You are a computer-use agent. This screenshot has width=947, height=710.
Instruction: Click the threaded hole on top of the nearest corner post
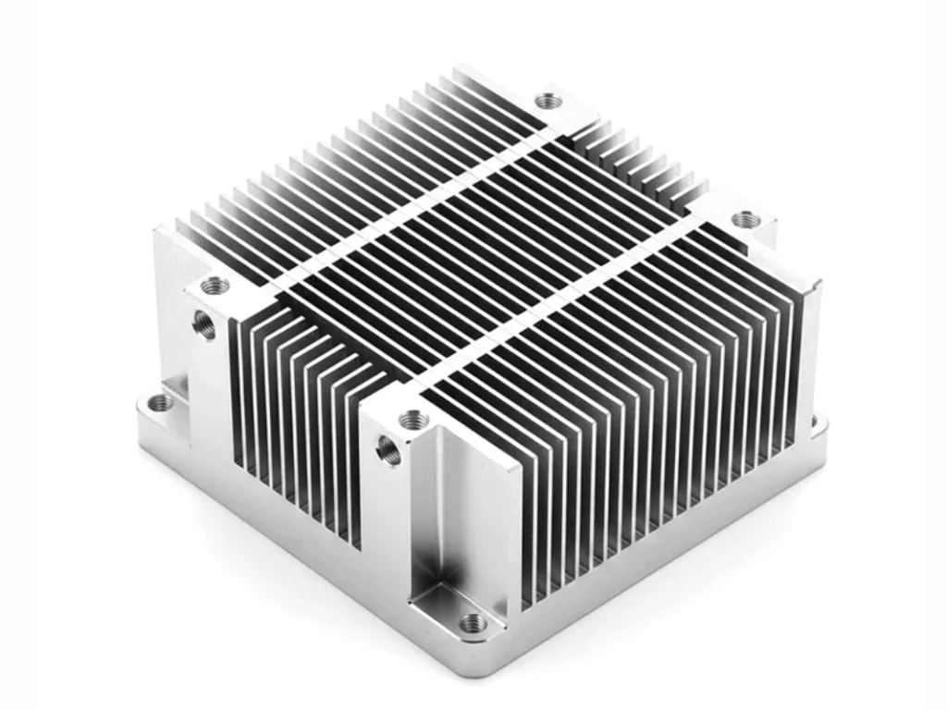[413, 420]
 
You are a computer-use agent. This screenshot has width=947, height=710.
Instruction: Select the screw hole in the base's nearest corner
[473, 623]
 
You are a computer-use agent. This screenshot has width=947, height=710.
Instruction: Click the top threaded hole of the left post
[215, 286]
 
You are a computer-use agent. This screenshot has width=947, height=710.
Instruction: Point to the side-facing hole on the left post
[203, 324]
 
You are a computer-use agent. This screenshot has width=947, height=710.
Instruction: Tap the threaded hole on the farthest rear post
[548, 100]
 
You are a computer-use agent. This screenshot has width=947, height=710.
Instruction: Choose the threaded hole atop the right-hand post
[745, 220]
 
